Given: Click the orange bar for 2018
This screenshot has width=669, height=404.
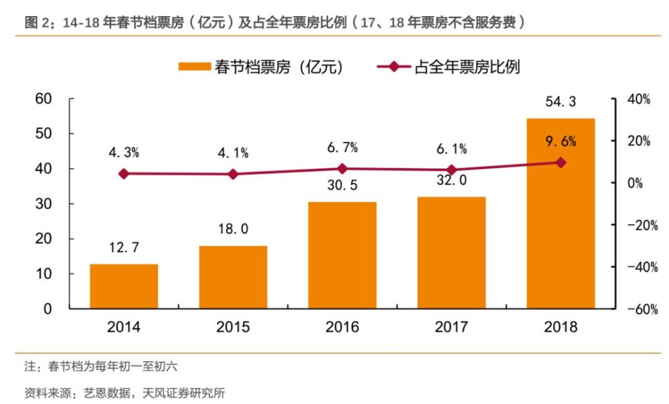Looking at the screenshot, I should pyautogui.click(x=561, y=213).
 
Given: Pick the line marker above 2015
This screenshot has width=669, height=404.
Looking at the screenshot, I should pyautogui.click(x=233, y=174).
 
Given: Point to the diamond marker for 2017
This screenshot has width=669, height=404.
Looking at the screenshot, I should pyautogui.click(x=452, y=170).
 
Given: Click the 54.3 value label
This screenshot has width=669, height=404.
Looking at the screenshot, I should pyautogui.click(x=561, y=102).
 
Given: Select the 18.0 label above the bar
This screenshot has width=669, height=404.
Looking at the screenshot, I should pyautogui.click(x=233, y=229).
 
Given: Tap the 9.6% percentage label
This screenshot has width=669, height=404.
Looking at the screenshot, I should pyautogui.click(x=561, y=142).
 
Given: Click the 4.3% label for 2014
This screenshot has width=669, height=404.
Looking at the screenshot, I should pyautogui.click(x=124, y=153).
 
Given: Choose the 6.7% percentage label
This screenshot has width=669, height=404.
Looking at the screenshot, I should pyautogui.click(x=342, y=147).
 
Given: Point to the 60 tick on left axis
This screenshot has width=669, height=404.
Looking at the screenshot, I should pyautogui.click(x=43, y=99).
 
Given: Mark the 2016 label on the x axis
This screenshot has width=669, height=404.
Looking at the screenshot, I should pyautogui.click(x=342, y=327).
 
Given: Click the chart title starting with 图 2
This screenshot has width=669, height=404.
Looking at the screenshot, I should pyautogui.click(x=274, y=22).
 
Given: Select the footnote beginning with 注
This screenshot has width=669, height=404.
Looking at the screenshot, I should pyautogui.click(x=100, y=367).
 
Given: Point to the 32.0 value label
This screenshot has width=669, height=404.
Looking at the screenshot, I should pyautogui.click(x=452, y=181).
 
